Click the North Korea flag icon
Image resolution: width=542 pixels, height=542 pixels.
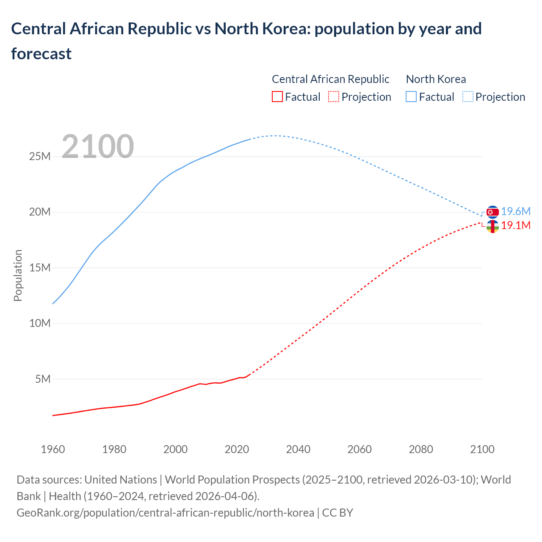click(492, 212)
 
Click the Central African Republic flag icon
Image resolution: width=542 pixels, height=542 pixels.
click(492, 227)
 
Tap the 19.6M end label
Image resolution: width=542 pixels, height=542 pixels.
click(516, 212)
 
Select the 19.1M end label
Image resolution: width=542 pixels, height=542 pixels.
click(516, 225)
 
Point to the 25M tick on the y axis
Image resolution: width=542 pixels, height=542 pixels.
click(40, 157)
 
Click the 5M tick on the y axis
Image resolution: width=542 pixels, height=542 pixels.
click(43, 379)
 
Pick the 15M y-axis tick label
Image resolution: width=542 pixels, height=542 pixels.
click(40, 268)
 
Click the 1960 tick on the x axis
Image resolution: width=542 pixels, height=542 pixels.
click(53, 449)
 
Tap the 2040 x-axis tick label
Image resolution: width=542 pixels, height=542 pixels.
click(298, 449)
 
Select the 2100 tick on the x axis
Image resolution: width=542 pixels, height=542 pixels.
click(482, 449)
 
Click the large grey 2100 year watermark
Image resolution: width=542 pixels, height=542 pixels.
click(98, 147)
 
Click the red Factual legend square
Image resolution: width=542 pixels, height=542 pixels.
click(277, 97)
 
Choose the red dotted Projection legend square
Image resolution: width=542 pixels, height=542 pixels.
click(334, 97)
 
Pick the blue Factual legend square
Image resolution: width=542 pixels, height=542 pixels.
click(411, 97)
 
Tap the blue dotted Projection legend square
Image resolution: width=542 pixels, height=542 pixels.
click(467, 97)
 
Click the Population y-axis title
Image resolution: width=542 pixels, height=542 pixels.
click(18, 275)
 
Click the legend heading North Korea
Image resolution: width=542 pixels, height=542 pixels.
click(436, 79)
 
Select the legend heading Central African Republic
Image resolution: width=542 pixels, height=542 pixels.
click(330, 79)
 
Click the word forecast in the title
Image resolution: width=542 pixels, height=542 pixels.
click(41, 54)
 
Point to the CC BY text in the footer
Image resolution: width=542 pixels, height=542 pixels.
click(337, 513)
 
